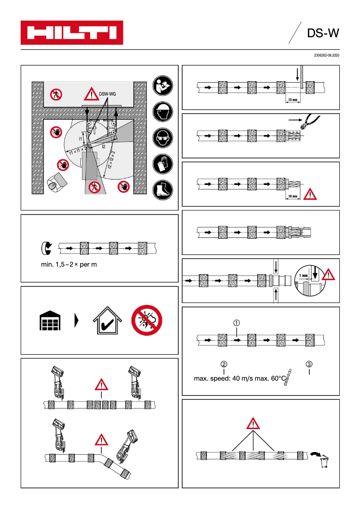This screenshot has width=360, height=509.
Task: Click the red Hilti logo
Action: tap(72, 33)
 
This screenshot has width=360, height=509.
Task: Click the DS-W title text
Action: tap(322, 33)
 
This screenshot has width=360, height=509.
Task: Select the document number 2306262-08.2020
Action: tap(326, 55)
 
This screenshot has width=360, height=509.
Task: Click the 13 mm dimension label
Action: tap(293, 100)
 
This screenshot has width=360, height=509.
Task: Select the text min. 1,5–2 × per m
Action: tap(69, 264)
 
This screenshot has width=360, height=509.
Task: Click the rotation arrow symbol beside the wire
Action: tap(47, 248)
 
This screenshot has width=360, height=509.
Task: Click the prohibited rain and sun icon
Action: tap(146, 320)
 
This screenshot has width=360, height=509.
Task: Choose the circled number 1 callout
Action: tap(237, 322)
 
